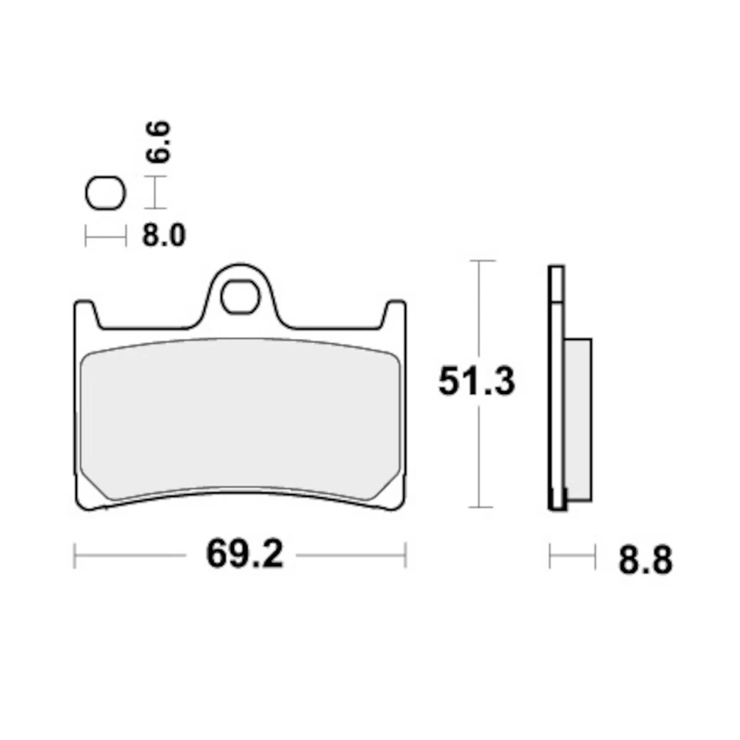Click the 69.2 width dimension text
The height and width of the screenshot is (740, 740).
(244, 554)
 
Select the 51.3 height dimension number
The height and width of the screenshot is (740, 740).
(476, 382)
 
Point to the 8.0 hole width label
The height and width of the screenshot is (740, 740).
(163, 236)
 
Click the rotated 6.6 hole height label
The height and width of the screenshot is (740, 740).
(160, 141)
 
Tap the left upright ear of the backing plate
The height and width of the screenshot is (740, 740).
(85, 316)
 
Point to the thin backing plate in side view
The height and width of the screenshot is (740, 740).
(556, 385)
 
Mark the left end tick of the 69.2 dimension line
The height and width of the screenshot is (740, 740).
(75, 555)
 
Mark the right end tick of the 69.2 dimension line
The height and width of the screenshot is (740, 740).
(405, 555)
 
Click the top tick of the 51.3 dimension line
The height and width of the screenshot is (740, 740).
(481, 261)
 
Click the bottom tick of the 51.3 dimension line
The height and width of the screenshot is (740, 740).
(481, 507)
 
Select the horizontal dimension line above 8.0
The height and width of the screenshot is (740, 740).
(105, 237)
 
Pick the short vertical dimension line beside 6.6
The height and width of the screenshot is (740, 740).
(156, 193)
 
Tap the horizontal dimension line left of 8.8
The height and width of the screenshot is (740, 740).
(572, 556)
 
